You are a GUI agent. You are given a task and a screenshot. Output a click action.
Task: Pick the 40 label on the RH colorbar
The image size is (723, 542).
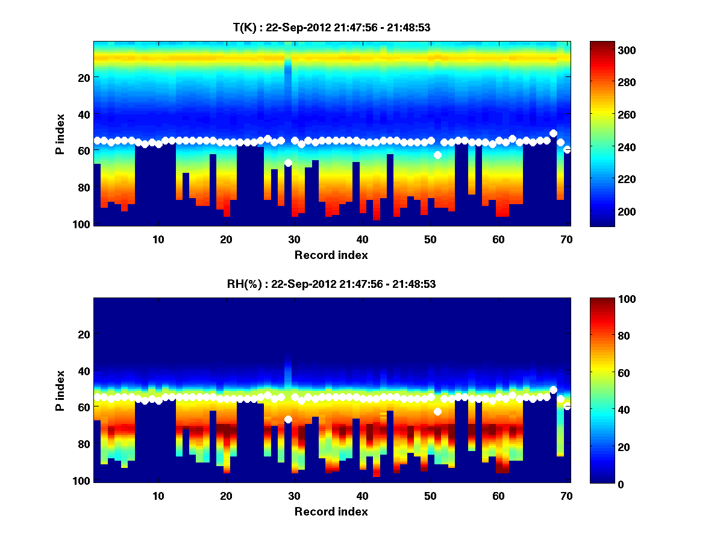click(x=604, y=410)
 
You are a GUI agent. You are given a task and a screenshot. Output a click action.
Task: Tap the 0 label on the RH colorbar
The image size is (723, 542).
click(x=601, y=484)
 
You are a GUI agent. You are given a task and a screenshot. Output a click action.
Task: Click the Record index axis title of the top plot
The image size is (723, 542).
click(x=331, y=255)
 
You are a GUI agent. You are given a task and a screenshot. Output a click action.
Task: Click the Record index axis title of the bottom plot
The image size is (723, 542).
click(x=331, y=512)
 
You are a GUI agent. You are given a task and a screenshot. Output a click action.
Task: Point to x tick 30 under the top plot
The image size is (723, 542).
click(x=294, y=239)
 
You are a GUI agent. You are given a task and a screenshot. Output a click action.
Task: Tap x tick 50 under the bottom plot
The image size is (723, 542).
click(x=430, y=496)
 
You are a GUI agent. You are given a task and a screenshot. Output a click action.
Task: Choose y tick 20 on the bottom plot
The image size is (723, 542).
click(x=84, y=334)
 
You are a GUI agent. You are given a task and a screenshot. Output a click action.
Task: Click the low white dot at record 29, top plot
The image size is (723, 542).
click(x=288, y=163)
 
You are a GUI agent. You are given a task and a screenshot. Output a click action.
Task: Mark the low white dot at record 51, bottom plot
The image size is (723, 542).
click(x=437, y=412)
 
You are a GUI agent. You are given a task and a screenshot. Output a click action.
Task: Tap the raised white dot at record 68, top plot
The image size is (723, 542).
click(x=553, y=133)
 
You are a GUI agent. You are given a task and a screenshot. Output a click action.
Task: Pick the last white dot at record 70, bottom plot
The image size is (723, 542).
click(x=567, y=406)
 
